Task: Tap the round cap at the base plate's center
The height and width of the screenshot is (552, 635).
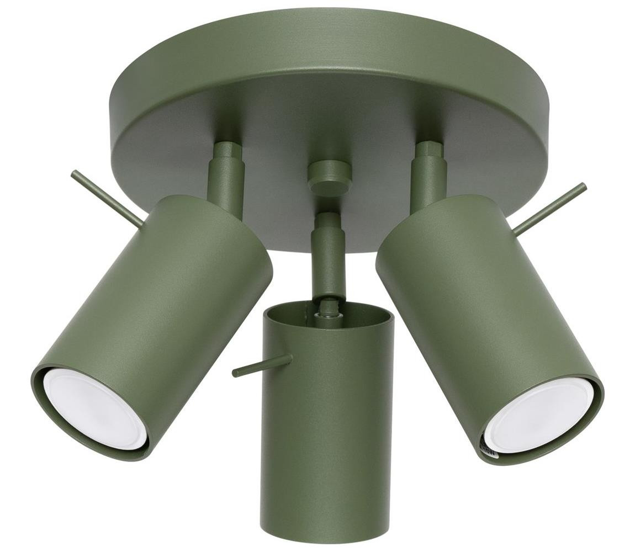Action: tap(330, 176)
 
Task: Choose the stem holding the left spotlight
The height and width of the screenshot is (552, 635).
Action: tap(226, 182)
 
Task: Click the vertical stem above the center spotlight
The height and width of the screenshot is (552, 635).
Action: tap(329, 254)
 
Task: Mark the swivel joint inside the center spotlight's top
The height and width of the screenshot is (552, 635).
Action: tap(328, 309)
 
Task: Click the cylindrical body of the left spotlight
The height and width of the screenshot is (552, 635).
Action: tap(166, 309)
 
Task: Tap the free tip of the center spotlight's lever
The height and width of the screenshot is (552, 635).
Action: tap(235, 373)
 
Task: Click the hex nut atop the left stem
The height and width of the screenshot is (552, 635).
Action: tap(227, 151)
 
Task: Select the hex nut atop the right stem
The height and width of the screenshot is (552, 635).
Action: tap(429, 150)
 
